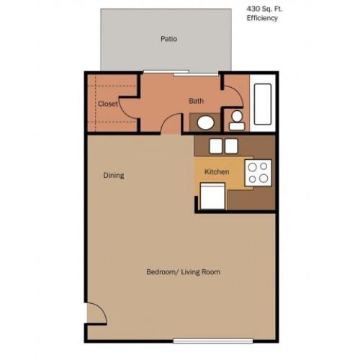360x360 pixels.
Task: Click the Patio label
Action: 169,40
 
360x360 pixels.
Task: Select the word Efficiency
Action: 263,19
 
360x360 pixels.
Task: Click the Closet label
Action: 108,104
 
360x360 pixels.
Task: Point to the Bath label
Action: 196,101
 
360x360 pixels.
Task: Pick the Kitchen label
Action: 217,172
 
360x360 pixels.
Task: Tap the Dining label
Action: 113,175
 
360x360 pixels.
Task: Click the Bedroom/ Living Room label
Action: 183,272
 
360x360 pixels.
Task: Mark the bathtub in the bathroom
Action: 262,106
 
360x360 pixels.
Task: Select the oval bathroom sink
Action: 206,122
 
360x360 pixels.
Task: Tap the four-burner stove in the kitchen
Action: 258,172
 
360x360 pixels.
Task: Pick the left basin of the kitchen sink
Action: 215,146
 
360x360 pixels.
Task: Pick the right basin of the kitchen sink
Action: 230,146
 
